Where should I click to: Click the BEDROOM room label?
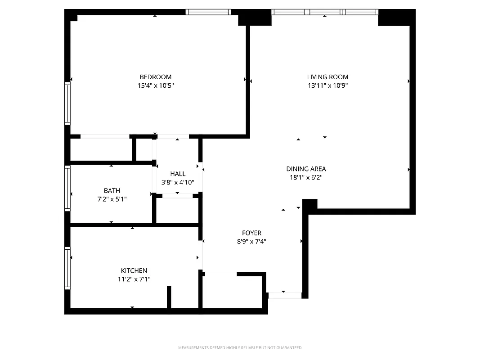155,77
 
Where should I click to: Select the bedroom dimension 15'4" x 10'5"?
155,85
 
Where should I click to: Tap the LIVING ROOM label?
327,77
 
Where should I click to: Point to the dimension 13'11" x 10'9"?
327,85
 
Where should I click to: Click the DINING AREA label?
306,169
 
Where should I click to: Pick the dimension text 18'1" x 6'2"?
306,177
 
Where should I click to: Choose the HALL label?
178,174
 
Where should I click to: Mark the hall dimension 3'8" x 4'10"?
178,182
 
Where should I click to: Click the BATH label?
112,191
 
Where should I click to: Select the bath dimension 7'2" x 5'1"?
112,199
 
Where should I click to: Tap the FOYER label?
251,233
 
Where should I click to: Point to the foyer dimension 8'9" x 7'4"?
251,241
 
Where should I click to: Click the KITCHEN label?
134,270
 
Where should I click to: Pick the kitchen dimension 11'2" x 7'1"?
134,279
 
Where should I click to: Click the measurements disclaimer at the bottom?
240,348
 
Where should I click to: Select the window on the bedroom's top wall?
208,12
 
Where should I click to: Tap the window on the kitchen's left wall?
67,268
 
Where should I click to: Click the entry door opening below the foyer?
284,296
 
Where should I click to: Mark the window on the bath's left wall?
67,188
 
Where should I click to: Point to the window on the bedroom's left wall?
67,103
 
